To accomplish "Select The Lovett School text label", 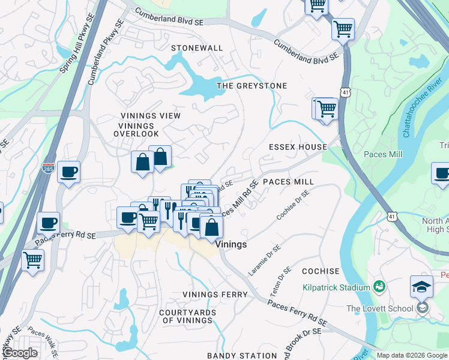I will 380,308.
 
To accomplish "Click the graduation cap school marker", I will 422,287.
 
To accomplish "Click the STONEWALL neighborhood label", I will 197,48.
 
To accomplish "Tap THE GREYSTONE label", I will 252,86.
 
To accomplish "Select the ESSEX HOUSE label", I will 298,147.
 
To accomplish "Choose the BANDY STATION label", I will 242,356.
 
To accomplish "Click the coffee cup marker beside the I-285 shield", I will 68,172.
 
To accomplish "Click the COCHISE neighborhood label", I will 321,271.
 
